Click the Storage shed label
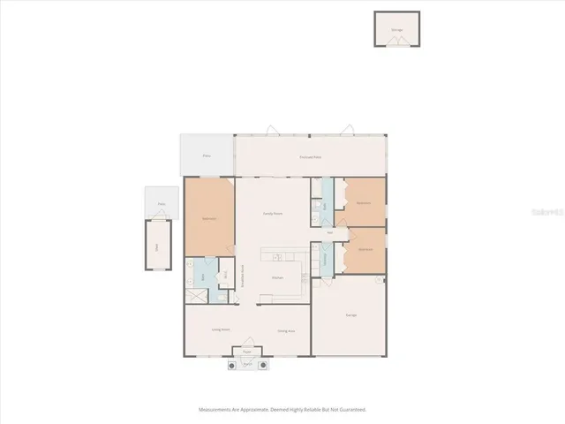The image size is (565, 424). click(x=396, y=29)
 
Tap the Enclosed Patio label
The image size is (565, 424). click(x=309, y=157)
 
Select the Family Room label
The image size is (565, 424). click(x=273, y=214)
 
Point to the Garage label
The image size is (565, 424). click(x=351, y=314)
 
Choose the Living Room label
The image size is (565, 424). click(x=221, y=330)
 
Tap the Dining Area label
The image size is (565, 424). click(x=286, y=331)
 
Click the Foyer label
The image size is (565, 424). click(x=248, y=351)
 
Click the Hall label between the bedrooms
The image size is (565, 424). click(x=329, y=232)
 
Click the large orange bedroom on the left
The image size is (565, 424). click(x=209, y=216)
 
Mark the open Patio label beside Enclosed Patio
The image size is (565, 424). click(x=207, y=155)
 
